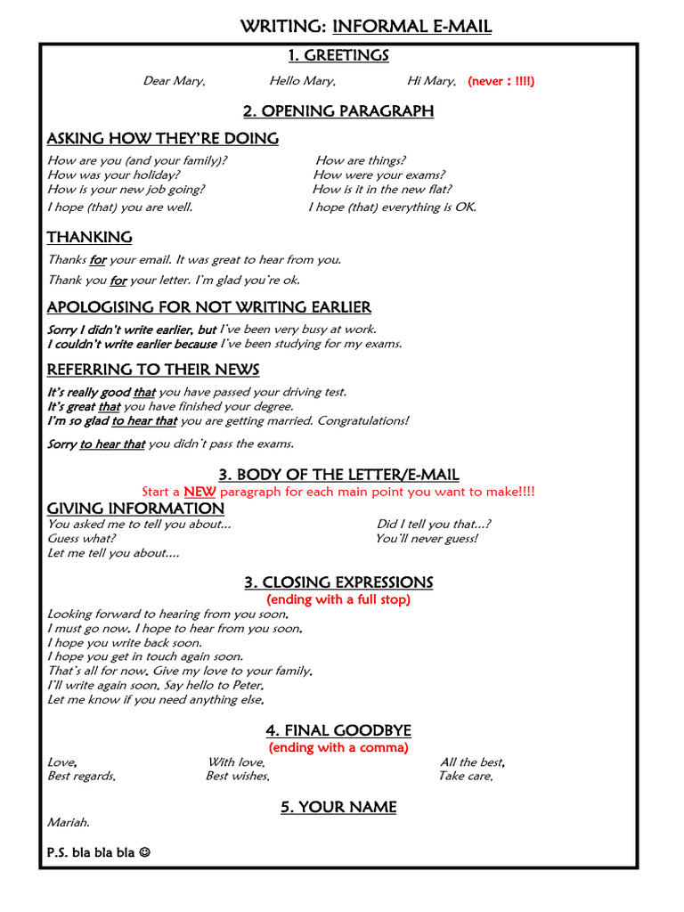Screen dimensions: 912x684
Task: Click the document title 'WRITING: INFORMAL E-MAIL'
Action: [365, 27]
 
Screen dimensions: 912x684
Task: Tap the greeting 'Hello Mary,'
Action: [303, 81]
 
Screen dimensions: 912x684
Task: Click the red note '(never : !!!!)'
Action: [501, 81]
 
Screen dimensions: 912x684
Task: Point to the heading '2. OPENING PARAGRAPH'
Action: [338, 111]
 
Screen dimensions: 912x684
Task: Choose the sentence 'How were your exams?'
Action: [379, 175]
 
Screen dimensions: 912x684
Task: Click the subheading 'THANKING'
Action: [89, 237]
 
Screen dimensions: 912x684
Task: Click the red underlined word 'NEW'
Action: [199, 492]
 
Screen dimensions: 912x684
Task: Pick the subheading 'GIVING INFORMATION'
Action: [135, 509]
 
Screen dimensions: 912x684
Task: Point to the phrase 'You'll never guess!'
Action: [426, 539]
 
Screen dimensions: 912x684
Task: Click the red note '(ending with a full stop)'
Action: [338, 599]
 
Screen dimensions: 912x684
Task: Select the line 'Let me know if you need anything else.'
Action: [156, 700]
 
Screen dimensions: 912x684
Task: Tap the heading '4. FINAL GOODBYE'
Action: [338, 731]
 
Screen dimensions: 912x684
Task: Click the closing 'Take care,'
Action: [465, 777]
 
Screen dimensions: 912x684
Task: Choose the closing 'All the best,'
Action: [473, 762]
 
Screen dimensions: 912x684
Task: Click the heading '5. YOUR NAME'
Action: [338, 807]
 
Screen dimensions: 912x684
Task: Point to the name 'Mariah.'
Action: [69, 823]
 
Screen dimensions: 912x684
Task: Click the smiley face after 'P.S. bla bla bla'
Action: [144, 852]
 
